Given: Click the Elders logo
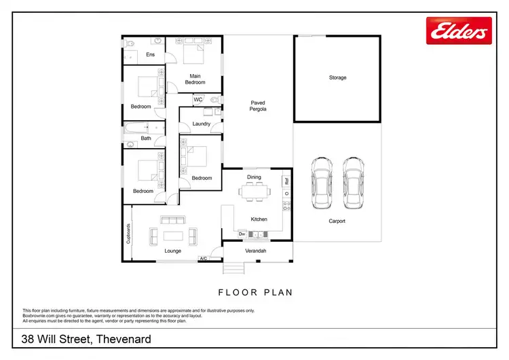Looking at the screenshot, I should point(458,31).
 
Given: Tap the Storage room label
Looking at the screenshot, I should point(337,78).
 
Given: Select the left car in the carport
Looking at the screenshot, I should point(320,185).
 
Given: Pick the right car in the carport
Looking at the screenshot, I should point(352,185).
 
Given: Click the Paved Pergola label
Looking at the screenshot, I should point(258,105).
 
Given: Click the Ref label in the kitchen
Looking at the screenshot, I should point(287,181).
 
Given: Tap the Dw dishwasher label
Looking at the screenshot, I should point(242,234).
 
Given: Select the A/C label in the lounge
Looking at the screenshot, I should point(203,258).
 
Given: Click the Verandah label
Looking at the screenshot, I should point(255,251).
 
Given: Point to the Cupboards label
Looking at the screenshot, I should point(128,234).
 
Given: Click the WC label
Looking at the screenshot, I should point(198,100).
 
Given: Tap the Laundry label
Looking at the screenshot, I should point(201,124).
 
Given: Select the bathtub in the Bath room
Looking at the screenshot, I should point(140,127).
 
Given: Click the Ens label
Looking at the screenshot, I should point(150,54).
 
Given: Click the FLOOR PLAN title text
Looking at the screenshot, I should point(254,293).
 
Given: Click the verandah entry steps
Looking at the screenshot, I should point(233,268).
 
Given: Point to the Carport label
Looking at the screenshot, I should point(337,221).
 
